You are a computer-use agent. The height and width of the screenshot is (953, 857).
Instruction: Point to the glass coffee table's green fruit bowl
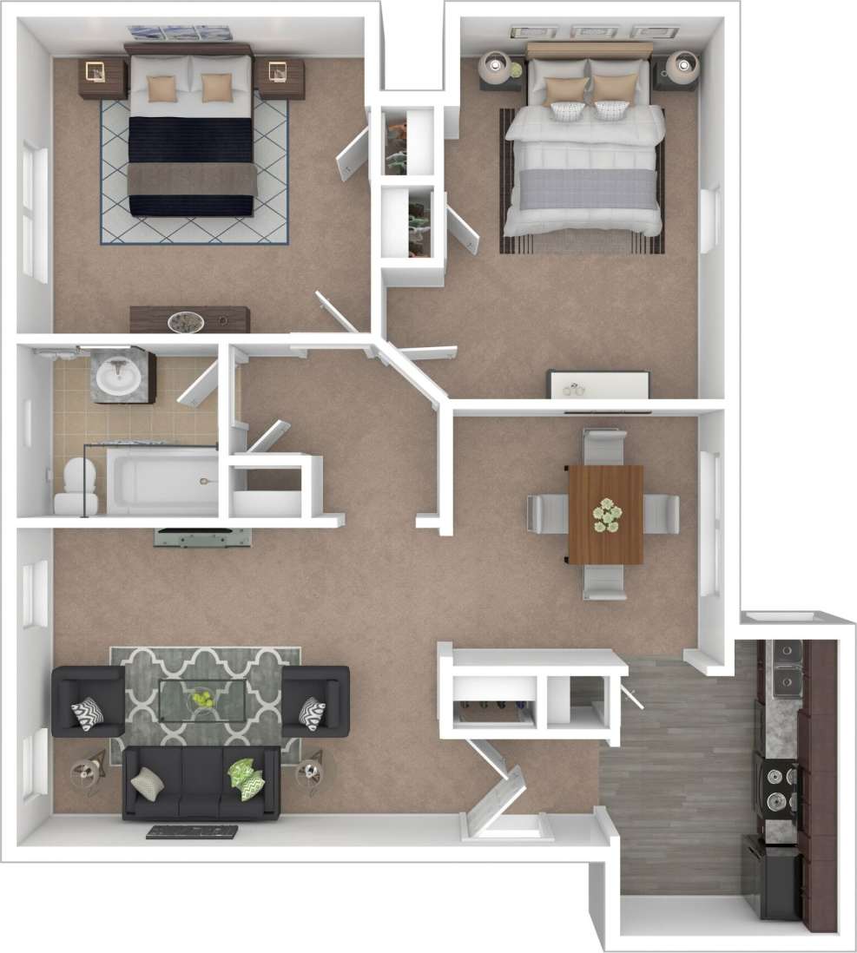point(201,698)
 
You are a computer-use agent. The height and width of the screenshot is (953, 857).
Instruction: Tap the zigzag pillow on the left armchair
point(87,713)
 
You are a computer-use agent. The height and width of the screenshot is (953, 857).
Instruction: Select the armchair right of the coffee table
point(315,701)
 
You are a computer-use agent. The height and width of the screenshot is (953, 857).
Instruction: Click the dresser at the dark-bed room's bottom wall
point(189,319)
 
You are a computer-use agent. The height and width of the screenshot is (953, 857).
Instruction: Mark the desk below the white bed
point(597,384)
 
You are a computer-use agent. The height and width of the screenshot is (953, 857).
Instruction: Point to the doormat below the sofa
point(192,832)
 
